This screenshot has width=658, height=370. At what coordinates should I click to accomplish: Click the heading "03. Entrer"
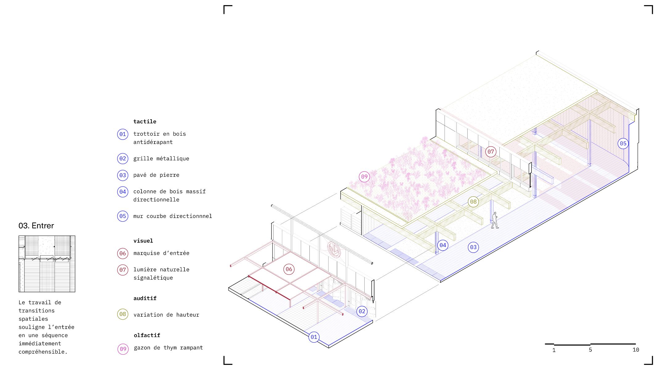36,226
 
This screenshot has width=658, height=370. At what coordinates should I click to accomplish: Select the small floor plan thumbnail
47,264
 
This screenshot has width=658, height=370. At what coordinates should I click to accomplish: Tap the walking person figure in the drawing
495,220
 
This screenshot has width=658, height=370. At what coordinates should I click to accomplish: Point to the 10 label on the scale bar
635,350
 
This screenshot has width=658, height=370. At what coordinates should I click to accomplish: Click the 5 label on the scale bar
590,350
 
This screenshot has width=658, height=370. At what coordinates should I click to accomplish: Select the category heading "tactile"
145,121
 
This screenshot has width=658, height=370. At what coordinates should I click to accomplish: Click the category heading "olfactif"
147,335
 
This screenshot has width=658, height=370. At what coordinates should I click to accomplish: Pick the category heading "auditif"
145,298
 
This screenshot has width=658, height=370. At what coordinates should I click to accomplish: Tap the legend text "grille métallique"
161,158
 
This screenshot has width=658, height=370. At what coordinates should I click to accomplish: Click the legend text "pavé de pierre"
156,175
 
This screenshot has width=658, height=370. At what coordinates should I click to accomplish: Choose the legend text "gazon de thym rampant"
168,348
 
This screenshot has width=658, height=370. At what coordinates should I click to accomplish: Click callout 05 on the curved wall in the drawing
623,143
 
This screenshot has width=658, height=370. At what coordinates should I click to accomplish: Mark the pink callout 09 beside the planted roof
364,177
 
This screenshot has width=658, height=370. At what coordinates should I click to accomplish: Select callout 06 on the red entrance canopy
289,269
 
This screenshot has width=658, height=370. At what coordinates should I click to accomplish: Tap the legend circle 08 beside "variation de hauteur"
123,314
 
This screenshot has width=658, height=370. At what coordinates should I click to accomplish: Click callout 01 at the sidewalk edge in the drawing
314,337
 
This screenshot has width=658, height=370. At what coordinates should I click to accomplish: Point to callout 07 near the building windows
490,152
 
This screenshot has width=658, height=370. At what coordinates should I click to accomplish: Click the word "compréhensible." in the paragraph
43,352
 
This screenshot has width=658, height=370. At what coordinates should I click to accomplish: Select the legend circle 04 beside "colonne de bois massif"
123,192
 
